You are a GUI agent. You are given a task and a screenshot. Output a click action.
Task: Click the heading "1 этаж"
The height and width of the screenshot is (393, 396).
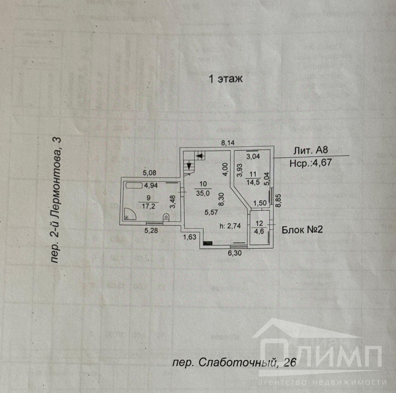(226, 79)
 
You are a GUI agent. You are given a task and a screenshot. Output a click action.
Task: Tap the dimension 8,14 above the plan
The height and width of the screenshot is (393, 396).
(228, 143)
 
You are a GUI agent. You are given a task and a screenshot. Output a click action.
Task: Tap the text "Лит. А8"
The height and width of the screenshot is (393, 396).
(310, 150)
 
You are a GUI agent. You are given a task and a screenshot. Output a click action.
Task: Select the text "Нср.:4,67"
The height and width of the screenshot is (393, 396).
(310, 162)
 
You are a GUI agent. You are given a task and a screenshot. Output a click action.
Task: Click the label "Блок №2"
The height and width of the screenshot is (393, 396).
(302, 230)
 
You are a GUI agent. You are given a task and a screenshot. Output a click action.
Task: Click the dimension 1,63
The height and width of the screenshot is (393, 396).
(190, 237)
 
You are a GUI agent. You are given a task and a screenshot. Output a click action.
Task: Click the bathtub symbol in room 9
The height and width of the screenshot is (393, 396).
(134, 185)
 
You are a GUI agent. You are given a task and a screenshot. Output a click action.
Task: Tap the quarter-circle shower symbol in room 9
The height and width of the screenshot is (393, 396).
(128, 215)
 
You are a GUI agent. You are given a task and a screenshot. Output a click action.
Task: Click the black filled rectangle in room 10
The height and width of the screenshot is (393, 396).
(208, 243)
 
